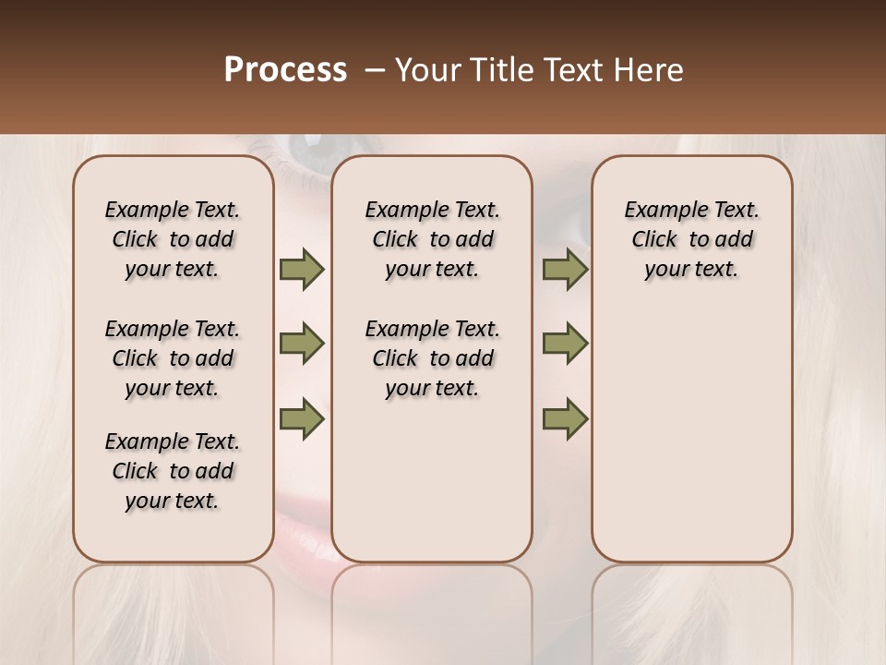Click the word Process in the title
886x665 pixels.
(285, 70)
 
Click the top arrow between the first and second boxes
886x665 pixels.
(302, 270)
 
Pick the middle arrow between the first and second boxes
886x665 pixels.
(302, 345)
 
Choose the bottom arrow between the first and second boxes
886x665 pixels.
(302, 418)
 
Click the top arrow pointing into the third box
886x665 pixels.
(565, 270)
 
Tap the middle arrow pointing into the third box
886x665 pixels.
(565, 345)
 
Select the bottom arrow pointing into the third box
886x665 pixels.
(565, 418)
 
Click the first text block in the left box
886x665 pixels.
(173, 239)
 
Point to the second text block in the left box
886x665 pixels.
(173, 358)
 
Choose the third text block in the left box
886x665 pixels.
(173, 471)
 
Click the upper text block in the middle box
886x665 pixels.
(432, 239)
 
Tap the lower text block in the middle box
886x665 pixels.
(432, 358)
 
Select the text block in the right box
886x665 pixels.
(692, 239)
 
